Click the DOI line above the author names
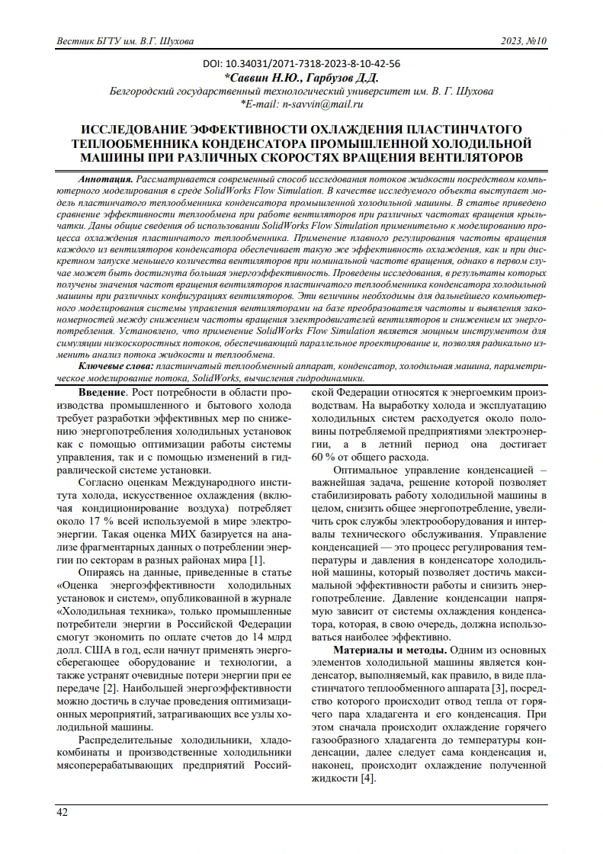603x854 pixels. point(302,65)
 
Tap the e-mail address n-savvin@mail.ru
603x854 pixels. point(321,104)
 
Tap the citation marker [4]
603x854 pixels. point(368,779)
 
